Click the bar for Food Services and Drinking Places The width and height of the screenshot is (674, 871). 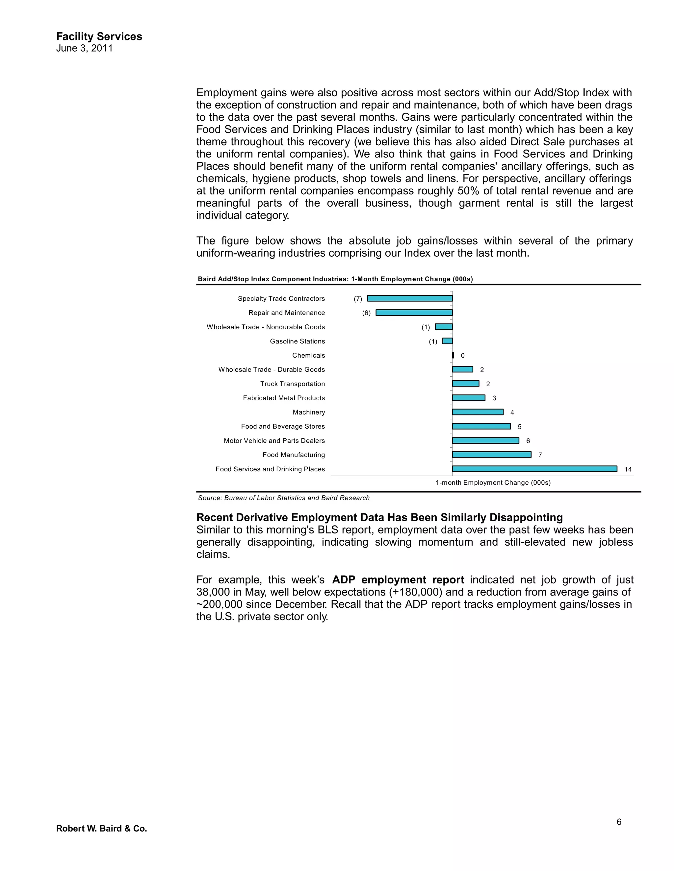click(534, 469)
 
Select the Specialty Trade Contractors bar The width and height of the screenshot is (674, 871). click(410, 298)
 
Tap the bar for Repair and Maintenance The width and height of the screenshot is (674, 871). click(414, 313)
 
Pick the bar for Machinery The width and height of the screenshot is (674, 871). click(478, 412)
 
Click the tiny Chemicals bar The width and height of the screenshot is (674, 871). click(453, 355)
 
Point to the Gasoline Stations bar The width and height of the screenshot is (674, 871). click(448, 341)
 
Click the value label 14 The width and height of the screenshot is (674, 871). click(628, 469)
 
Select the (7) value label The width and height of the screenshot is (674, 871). click(358, 299)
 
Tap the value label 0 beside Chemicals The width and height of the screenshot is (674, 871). click(462, 355)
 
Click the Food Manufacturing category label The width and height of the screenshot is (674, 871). click(294, 455)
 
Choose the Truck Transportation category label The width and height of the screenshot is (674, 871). click(292, 384)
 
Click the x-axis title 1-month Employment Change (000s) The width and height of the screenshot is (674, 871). click(493, 483)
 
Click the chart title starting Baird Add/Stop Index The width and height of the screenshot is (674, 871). click(335, 279)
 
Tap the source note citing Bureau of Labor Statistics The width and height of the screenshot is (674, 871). click(283, 498)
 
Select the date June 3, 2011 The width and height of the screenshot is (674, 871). click(84, 48)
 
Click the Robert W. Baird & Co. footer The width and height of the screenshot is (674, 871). click(101, 828)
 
